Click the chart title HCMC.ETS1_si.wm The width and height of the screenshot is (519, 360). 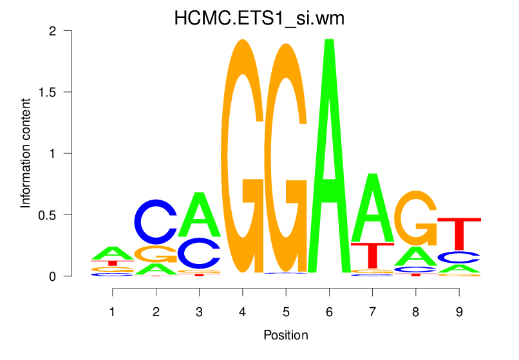point(259,19)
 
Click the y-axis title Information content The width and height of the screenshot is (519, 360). point(26,153)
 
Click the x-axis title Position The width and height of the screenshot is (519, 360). point(285,336)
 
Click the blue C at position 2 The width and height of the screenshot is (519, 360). point(156,222)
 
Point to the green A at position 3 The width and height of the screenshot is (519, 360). point(200,215)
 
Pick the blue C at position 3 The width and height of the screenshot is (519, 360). point(200,253)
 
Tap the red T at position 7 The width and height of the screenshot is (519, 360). point(372,254)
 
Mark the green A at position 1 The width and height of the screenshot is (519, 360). point(113,253)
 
